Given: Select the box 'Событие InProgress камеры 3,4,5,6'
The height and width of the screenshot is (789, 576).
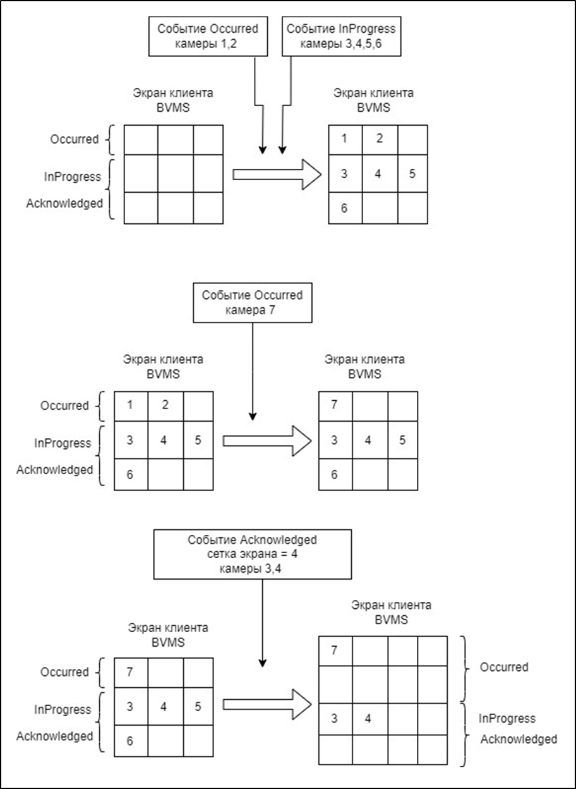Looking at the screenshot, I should [340, 37].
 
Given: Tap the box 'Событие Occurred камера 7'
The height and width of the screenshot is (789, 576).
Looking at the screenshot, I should [252, 302].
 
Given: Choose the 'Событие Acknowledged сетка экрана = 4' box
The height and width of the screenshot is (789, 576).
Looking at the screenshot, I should [252, 554].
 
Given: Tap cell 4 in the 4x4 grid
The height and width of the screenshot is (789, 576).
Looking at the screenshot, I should [368, 719].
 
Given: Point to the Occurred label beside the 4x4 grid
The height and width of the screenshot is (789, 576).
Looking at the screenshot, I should [504, 667].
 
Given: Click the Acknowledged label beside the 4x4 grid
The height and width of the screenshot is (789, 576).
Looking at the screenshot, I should [519, 739].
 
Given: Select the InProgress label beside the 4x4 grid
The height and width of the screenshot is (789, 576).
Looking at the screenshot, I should [507, 718].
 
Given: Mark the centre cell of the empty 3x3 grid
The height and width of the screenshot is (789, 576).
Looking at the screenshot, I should [175, 174].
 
